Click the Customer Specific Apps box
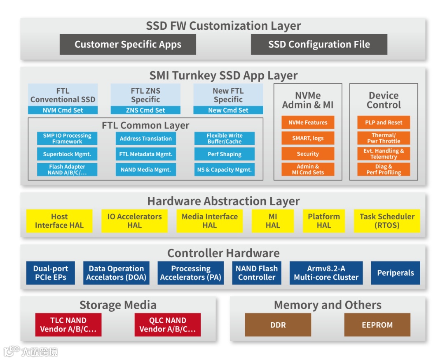tap(128, 45)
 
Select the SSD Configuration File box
tap(319, 45)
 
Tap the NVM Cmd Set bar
tap(63, 110)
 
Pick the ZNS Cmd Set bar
tap(145, 110)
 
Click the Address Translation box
tap(146, 139)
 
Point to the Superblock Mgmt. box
tap(67, 154)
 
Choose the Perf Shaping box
tap(225, 154)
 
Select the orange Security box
tap(308, 154)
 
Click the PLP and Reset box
tap(384, 122)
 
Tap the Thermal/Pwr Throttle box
tap(384, 138)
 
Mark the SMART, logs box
tap(308, 138)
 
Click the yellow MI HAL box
tap(273, 221)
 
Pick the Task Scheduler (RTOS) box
tap(387, 221)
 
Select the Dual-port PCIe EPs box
tap(51, 273)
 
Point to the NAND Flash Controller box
tap(257, 273)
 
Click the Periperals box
tap(396, 273)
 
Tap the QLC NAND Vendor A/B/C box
tap(168, 325)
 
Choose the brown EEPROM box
tap(377, 325)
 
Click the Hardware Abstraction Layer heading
tap(223, 201)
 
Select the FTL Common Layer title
tap(145, 125)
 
